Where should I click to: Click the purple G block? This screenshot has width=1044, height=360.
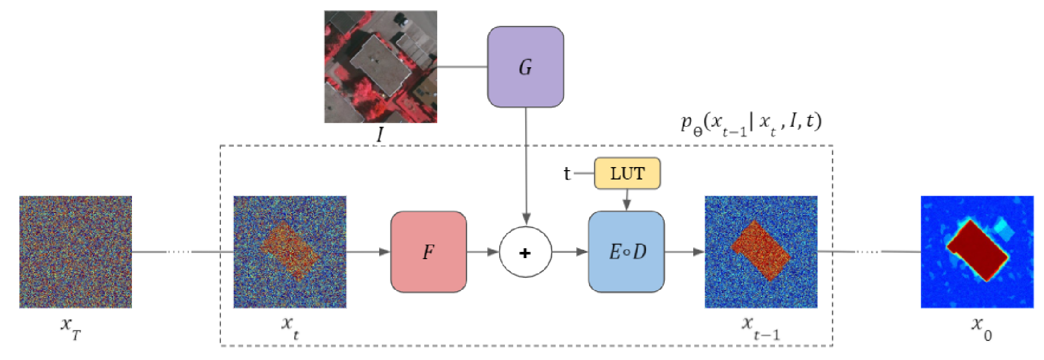click(525, 67)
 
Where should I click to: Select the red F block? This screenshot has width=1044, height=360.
click(428, 252)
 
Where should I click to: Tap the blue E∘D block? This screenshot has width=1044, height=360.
click(626, 252)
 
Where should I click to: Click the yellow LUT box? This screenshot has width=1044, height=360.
click(627, 173)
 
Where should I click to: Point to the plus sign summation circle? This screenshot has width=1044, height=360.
click(525, 252)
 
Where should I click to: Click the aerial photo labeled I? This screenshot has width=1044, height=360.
click(380, 67)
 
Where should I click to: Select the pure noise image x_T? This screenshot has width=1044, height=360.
click(76, 252)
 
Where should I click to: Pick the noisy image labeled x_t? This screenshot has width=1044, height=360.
click(290, 252)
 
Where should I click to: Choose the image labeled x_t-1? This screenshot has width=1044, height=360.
click(760, 252)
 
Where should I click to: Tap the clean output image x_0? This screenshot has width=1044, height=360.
click(977, 252)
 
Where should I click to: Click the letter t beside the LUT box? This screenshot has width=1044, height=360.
click(567, 174)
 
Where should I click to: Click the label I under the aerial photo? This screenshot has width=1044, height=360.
click(380, 135)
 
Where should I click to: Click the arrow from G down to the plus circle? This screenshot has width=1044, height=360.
click(526, 166)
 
